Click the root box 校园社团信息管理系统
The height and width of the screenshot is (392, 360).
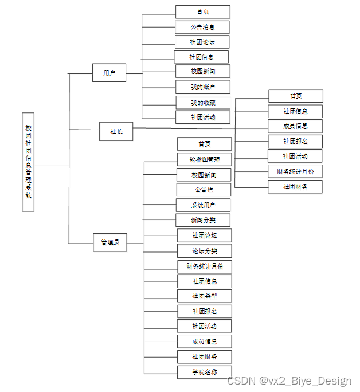pyautogui.click(x=28, y=162)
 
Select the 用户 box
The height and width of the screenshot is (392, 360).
pyautogui.click(x=109, y=73)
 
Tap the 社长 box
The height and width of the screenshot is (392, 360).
pyautogui.click(x=116, y=131)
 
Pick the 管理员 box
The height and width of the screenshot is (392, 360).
pyautogui.click(x=109, y=243)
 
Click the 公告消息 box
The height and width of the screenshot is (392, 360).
pyautogui.click(x=202, y=27)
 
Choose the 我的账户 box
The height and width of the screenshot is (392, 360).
pyautogui.click(x=203, y=87)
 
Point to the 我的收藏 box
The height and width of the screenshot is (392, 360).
pyautogui.click(x=203, y=103)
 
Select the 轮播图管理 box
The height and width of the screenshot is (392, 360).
pyautogui.click(x=205, y=160)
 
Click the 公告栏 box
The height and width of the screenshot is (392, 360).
pyautogui.click(x=204, y=189)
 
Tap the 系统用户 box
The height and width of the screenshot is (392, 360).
pyautogui.click(x=203, y=205)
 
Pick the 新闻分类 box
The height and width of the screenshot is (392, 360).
pyautogui.click(x=203, y=220)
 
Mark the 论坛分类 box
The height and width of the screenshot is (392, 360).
pyautogui.click(x=205, y=251)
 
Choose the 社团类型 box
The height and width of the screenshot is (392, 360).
pyautogui.click(x=205, y=296)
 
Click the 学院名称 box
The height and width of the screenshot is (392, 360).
pyautogui.click(x=205, y=372)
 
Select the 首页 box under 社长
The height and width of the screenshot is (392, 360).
pyautogui.click(x=296, y=96)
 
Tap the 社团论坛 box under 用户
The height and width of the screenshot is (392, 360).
pyautogui.click(x=202, y=42)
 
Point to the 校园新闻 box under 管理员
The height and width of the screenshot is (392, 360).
pyautogui.click(x=204, y=174)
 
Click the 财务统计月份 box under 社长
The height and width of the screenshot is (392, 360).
pyautogui.click(x=295, y=171)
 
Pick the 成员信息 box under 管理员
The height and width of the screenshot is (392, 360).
pyautogui.click(x=205, y=341)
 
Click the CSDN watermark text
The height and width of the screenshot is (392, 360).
pyautogui.click(x=289, y=381)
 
